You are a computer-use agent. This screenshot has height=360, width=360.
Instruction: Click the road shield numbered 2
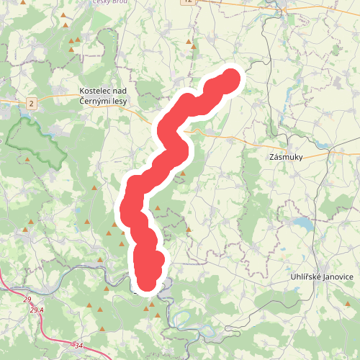(32, 104)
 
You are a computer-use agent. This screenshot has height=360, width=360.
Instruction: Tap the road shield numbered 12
(189, 2)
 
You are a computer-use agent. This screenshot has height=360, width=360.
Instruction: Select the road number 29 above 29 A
(27, 299)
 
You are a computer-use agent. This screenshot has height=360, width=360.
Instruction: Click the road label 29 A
(37, 310)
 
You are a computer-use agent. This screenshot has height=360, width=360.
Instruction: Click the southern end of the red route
(146, 283)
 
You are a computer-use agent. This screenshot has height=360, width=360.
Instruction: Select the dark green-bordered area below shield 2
(36, 140)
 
